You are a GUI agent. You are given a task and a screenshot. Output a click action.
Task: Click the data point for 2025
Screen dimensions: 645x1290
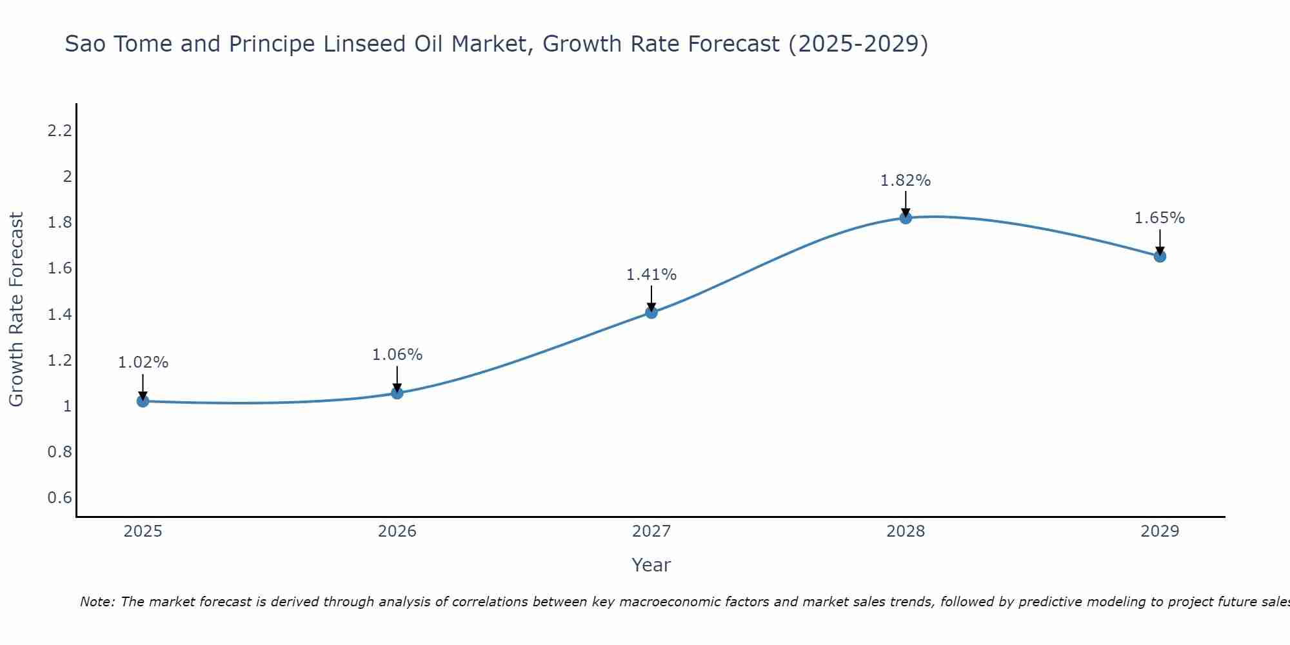143,401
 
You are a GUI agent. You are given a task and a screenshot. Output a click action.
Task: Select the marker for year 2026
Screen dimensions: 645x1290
397,393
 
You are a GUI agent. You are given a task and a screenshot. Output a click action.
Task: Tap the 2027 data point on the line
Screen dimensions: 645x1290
651,313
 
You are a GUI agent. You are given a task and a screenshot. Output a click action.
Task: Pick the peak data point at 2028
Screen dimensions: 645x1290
906,218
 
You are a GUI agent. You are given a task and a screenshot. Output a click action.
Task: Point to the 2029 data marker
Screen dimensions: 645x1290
1160,257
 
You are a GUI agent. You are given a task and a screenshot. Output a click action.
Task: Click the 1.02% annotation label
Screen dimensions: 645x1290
143,362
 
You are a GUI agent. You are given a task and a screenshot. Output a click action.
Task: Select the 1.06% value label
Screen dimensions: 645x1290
397,355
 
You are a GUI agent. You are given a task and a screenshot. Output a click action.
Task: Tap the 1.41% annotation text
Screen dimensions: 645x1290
651,275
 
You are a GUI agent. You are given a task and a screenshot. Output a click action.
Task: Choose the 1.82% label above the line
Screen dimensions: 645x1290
906,181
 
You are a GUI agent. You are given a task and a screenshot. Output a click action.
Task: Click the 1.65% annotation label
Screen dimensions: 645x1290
1160,218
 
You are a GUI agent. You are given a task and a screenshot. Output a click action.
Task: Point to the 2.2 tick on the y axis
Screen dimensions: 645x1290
59,131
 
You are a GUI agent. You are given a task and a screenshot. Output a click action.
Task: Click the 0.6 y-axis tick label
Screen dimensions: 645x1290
59,497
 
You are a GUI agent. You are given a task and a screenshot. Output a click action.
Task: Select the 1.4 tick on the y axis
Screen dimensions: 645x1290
59,315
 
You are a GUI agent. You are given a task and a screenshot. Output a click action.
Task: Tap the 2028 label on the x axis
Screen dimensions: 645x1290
906,531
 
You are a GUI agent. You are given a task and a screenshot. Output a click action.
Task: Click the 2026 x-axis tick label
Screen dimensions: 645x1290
397,531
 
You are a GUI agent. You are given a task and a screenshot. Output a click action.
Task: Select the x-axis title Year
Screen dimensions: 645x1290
651,565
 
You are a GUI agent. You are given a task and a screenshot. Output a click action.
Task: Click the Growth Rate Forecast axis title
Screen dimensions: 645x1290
17,310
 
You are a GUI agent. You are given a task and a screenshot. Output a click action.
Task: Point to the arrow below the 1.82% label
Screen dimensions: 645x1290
906,204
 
